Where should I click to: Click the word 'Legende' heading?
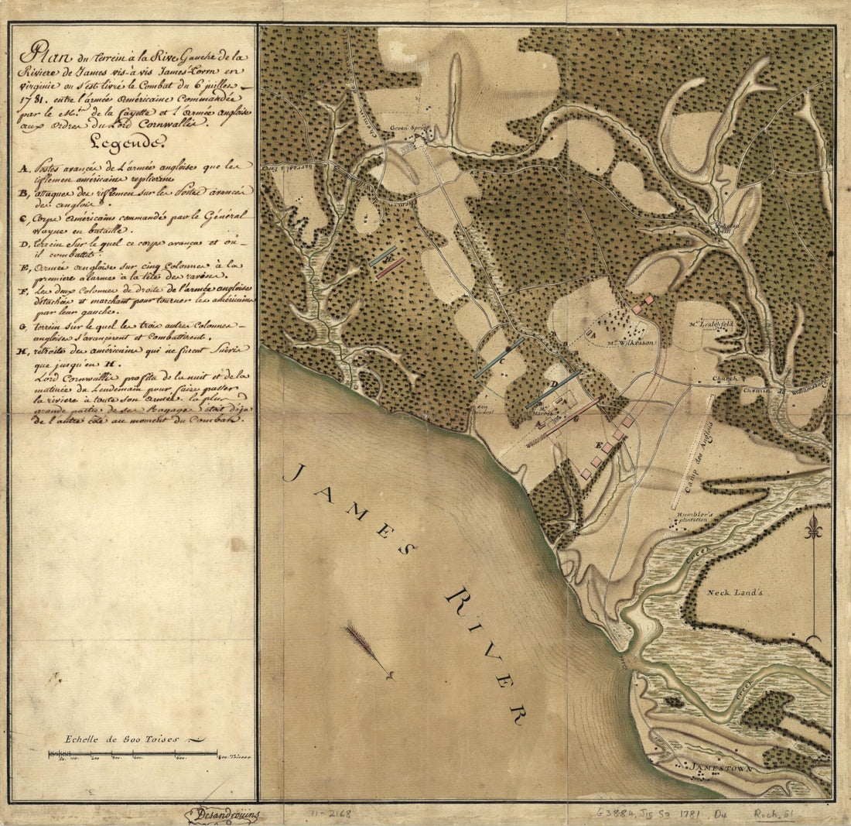128,142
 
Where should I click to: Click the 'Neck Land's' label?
735,592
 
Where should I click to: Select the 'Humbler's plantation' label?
695,516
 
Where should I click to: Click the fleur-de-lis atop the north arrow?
812,529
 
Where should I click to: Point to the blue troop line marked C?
499,358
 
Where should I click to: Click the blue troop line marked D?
552,389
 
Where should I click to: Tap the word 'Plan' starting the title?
43,57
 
